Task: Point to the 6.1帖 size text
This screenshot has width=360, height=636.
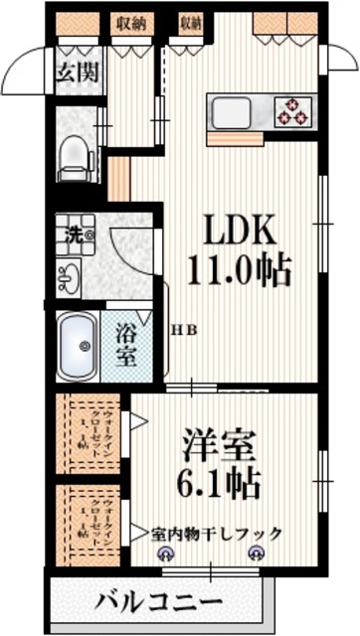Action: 219,485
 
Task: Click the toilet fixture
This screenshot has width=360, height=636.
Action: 74,157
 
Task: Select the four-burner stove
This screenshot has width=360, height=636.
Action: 290,110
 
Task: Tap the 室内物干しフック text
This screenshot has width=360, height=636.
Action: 216,535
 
